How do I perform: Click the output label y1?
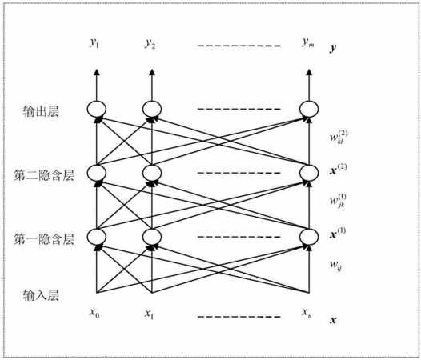[x=94, y=43]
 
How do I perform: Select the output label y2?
[x=150, y=43]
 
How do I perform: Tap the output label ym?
[x=307, y=42]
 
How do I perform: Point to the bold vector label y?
[x=333, y=48]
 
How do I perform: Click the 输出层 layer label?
[x=41, y=111]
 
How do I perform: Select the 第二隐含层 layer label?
[x=44, y=175]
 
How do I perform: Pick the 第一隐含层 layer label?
[x=44, y=239]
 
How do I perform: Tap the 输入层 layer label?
[x=41, y=295]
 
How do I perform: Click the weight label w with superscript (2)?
[x=339, y=137]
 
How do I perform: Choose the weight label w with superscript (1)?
[x=338, y=201]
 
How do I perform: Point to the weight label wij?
[x=335, y=266]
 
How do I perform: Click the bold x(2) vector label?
[x=338, y=170]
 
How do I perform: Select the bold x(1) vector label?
[x=338, y=233]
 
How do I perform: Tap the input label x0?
[x=94, y=313]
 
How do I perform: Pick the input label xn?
[x=307, y=313]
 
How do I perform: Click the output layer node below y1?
[x=97, y=109]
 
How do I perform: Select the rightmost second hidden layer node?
[x=309, y=173]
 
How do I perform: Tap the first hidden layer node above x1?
[x=152, y=237]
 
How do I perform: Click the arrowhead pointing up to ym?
[x=309, y=72]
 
